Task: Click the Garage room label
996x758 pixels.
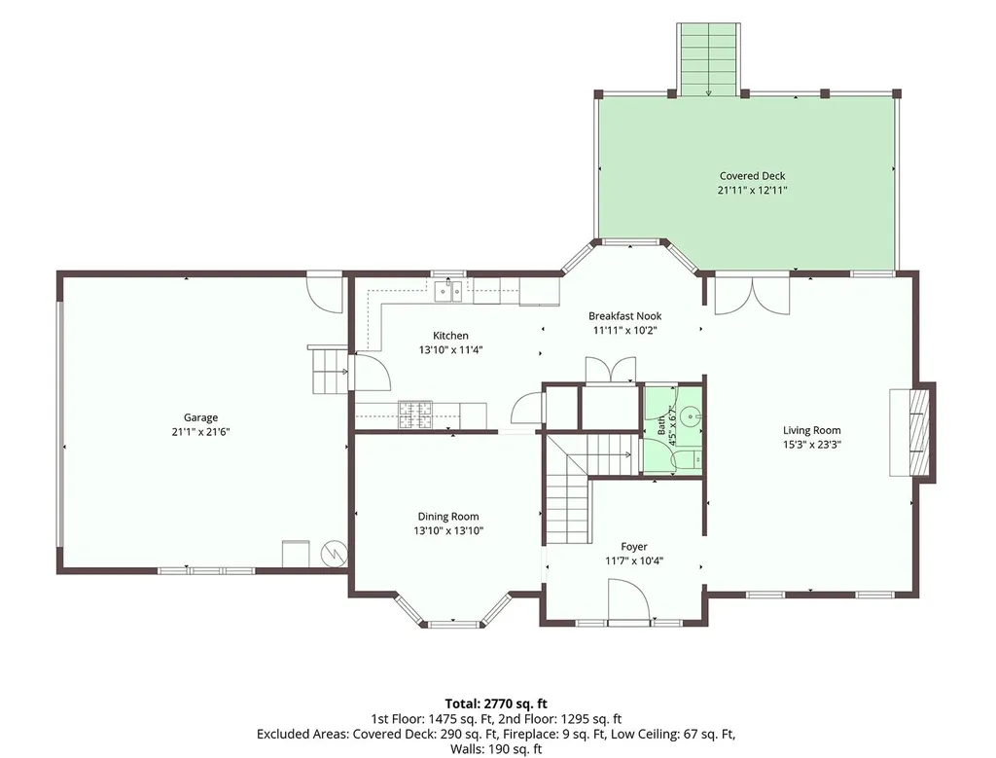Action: pos(200,417)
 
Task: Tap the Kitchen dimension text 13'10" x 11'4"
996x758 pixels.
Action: pos(451,349)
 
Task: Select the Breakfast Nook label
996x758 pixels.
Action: pos(625,316)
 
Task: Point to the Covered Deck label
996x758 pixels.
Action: pos(752,176)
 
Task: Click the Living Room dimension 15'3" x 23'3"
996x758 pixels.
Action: pos(812,445)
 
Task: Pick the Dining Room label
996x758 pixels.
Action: pos(448,517)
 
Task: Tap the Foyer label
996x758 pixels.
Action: pos(634,547)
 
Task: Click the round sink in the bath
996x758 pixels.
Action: pos(690,417)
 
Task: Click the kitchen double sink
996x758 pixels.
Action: pos(448,292)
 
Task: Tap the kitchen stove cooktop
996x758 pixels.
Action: pos(414,415)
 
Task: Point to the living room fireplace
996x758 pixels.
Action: pos(912,432)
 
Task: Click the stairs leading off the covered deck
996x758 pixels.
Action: pos(708,59)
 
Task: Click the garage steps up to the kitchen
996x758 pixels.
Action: pos(329,371)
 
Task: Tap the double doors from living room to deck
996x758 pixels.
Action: pos(753,295)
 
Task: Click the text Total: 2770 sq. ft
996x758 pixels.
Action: pos(496,704)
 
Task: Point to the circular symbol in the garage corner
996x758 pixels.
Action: pos(334,553)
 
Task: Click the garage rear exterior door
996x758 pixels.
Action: pos(325,292)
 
